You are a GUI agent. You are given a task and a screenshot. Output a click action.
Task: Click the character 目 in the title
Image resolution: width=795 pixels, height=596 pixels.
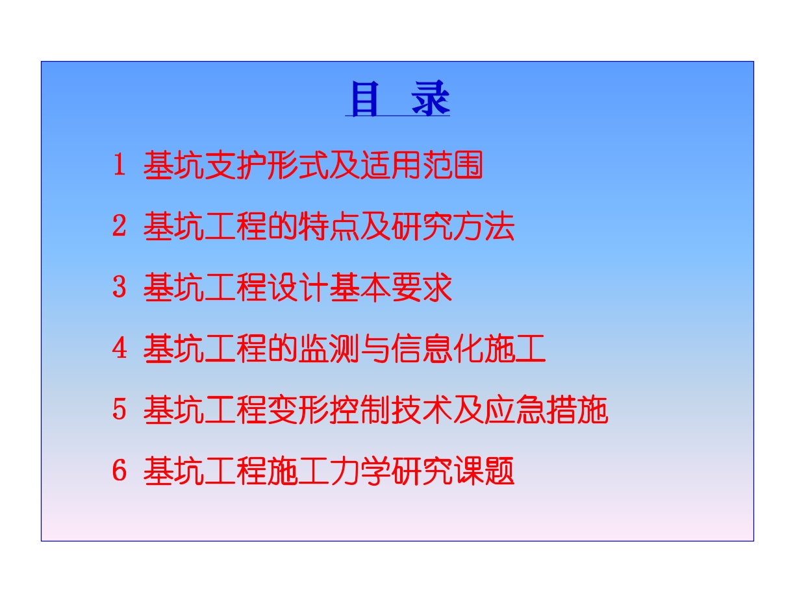(x=365, y=99)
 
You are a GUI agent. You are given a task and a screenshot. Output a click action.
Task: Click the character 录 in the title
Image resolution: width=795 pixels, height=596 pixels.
(x=430, y=99)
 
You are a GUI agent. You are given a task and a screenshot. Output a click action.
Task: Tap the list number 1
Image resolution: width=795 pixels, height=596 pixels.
(x=120, y=165)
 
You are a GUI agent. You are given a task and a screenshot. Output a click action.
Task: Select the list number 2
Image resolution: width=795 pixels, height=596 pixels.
(x=120, y=226)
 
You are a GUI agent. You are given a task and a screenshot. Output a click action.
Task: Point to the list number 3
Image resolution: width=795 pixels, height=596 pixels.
(x=120, y=287)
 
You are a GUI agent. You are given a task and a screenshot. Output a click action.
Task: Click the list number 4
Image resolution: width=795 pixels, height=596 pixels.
(x=120, y=348)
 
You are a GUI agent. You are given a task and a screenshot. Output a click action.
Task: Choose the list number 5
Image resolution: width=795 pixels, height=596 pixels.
(x=120, y=409)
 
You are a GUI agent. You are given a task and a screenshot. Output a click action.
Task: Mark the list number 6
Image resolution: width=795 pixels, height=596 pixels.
(x=120, y=471)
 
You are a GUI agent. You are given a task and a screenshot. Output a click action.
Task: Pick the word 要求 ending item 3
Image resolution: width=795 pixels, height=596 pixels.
(x=422, y=288)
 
